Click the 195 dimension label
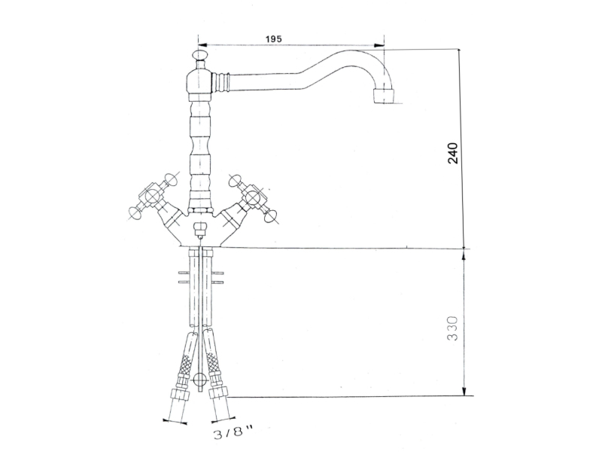point(273,39)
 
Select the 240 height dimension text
point(453,153)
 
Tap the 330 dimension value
point(453,328)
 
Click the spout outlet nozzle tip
point(384,96)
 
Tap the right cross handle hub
point(251,197)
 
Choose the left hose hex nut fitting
point(180,395)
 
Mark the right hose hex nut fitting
point(217,395)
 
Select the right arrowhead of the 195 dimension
point(379,45)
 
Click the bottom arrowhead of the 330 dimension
point(465,390)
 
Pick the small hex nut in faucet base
point(199,229)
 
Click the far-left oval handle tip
point(135,212)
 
